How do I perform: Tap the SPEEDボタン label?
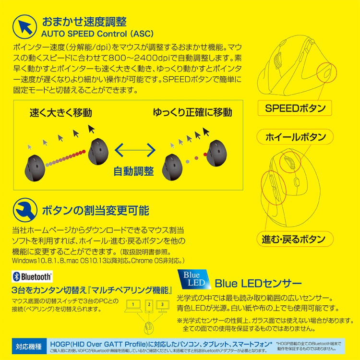(295, 108)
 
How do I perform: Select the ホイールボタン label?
(295, 137)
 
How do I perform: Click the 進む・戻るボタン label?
(293, 239)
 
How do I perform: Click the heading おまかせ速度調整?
(84, 21)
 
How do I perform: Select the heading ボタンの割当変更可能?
(96, 210)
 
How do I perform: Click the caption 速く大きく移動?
(60, 113)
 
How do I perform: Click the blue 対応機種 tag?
(28, 345)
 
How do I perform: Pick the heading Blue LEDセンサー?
(258, 282)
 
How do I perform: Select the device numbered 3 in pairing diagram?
(162, 305)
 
